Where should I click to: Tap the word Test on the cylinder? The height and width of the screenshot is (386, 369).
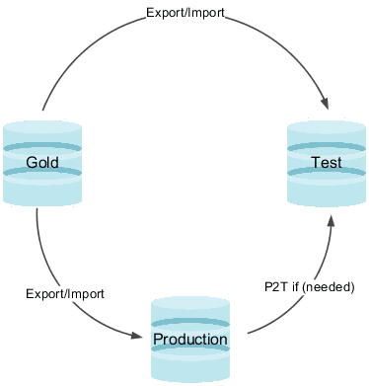click(x=326, y=162)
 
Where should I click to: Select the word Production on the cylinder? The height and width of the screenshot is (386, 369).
click(x=189, y=340)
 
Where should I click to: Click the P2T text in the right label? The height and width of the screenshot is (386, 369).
click(x=275, y=285)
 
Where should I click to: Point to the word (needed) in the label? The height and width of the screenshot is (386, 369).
click(x=332, y=285)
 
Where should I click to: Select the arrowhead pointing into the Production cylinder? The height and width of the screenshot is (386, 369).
click(x=137, y=335)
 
